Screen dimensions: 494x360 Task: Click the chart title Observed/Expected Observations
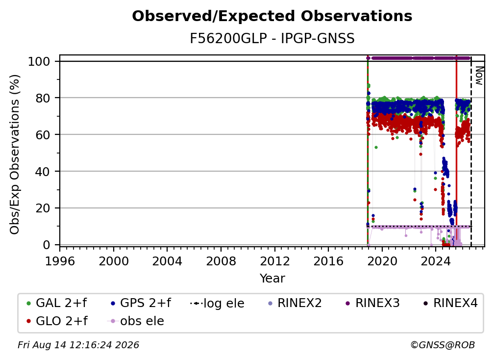point(272,16)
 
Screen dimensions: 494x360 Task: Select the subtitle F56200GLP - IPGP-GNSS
point(272,38)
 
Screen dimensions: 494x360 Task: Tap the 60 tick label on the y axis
point(43,135)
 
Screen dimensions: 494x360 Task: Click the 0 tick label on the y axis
point(47,245)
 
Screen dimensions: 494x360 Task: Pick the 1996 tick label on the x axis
point(60,261)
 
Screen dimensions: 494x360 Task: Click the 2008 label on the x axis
point(221,261)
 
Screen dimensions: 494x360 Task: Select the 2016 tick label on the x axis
point(328,261)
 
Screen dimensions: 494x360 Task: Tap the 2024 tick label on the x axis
point(436,261)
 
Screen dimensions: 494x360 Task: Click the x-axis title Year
point(272,279)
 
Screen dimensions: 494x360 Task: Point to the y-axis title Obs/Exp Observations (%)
point(15,154)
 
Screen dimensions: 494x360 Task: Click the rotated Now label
point(479,76)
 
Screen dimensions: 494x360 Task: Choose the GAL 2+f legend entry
point(57,303)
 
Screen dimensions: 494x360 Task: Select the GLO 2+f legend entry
point(57,321)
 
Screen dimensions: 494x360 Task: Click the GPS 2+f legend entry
point(141,303)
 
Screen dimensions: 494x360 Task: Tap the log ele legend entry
point(218,303)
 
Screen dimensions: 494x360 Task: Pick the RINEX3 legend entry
point(372,303)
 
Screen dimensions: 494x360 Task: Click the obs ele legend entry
point(136,321)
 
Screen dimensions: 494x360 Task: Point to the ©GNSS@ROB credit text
point(443,345)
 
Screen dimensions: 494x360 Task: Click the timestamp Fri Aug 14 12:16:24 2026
point(78,345)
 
